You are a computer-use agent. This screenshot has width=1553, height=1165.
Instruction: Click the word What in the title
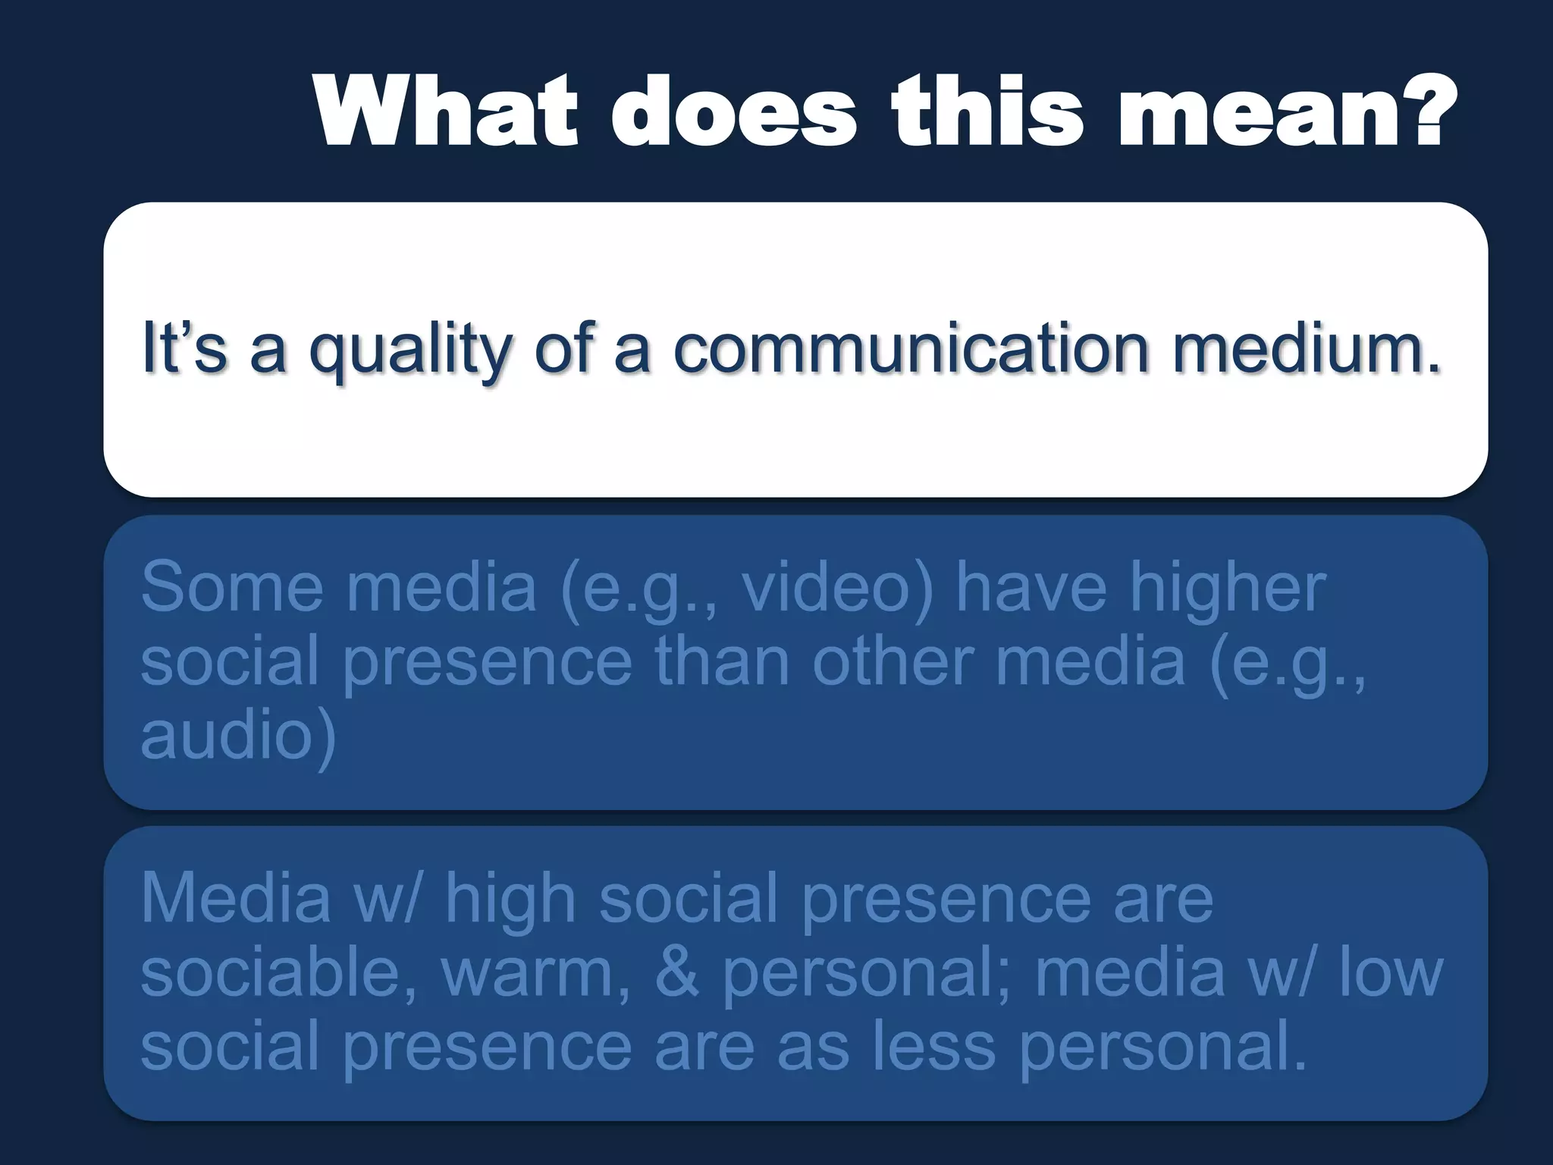pos(446,112)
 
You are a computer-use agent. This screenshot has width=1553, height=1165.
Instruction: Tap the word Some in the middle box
pos(231,587)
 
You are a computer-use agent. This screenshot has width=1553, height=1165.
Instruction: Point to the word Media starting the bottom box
pos(235,900)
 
